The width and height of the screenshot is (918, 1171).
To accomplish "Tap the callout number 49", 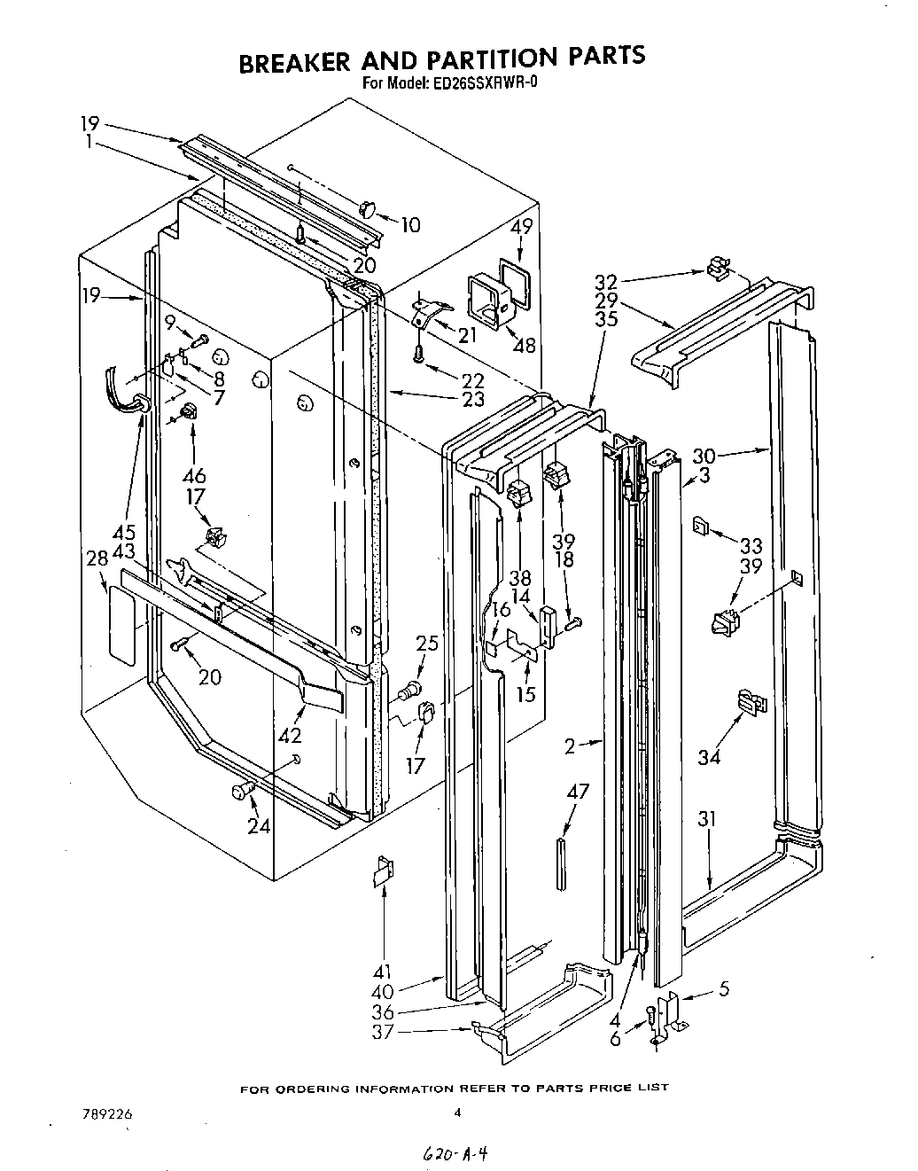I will (522, 227).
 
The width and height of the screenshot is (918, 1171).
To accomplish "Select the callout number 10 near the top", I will (409, 226).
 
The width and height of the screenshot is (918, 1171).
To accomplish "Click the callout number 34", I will (710, 756).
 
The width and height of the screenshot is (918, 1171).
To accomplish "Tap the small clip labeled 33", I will (699, 527).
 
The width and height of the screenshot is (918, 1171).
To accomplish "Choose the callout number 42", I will (290, 735).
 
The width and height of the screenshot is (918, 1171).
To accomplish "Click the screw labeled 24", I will (241, 792).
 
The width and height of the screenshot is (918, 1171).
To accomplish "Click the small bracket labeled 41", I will (384, 872).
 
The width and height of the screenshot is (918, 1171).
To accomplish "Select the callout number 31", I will (705, 819).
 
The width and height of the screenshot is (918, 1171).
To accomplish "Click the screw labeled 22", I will (417, 354).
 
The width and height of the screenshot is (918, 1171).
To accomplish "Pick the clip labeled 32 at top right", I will (718, 266).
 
